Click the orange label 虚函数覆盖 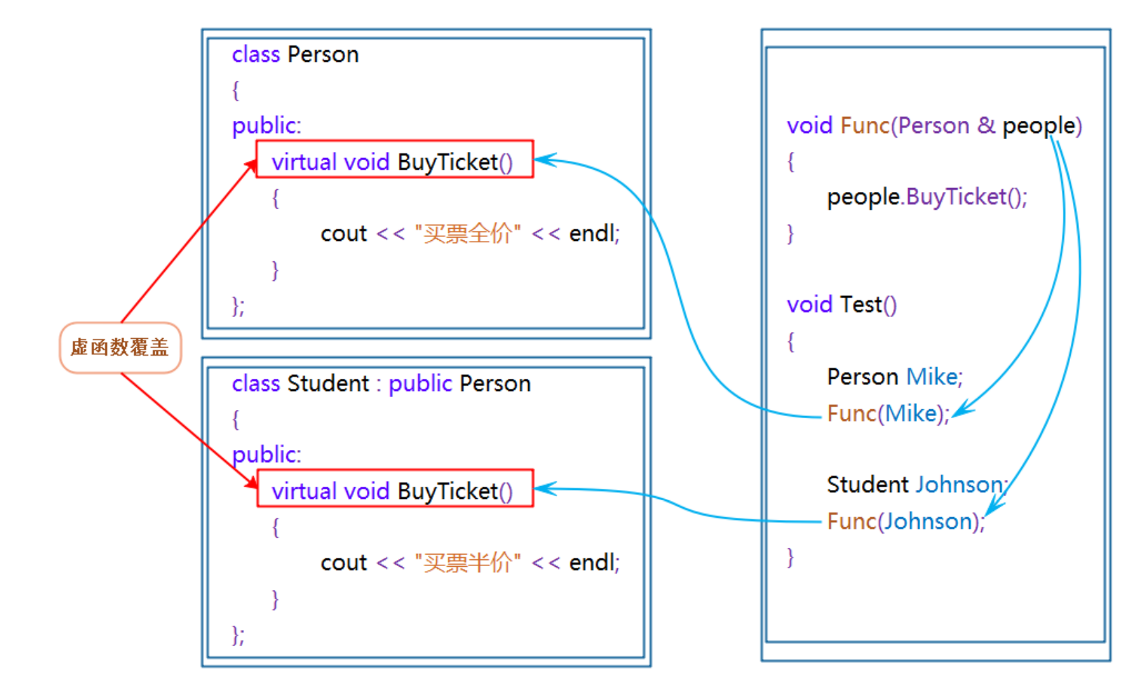pos(120,348)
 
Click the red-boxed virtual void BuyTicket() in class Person pos(393,162)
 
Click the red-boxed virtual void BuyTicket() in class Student pos(393,491)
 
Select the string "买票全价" pos(467,234)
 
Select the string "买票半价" pos(467,563)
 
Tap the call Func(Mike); pos(888,413)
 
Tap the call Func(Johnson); pos(905,521)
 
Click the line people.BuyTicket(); pos(926,197)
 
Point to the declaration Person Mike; pos(894,377)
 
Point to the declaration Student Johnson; pos(916,485)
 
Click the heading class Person pos(295,54)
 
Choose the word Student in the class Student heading pos(328,384)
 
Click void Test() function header pos(841,305)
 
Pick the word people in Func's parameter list pos(1038,126)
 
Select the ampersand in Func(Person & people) pos(986,126)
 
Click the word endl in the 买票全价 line pos(593,234)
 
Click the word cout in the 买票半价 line pos(343,563)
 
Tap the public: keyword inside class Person pos(266,126)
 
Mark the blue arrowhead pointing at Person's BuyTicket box pos(545,161)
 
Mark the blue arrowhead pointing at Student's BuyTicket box pos(545,489)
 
